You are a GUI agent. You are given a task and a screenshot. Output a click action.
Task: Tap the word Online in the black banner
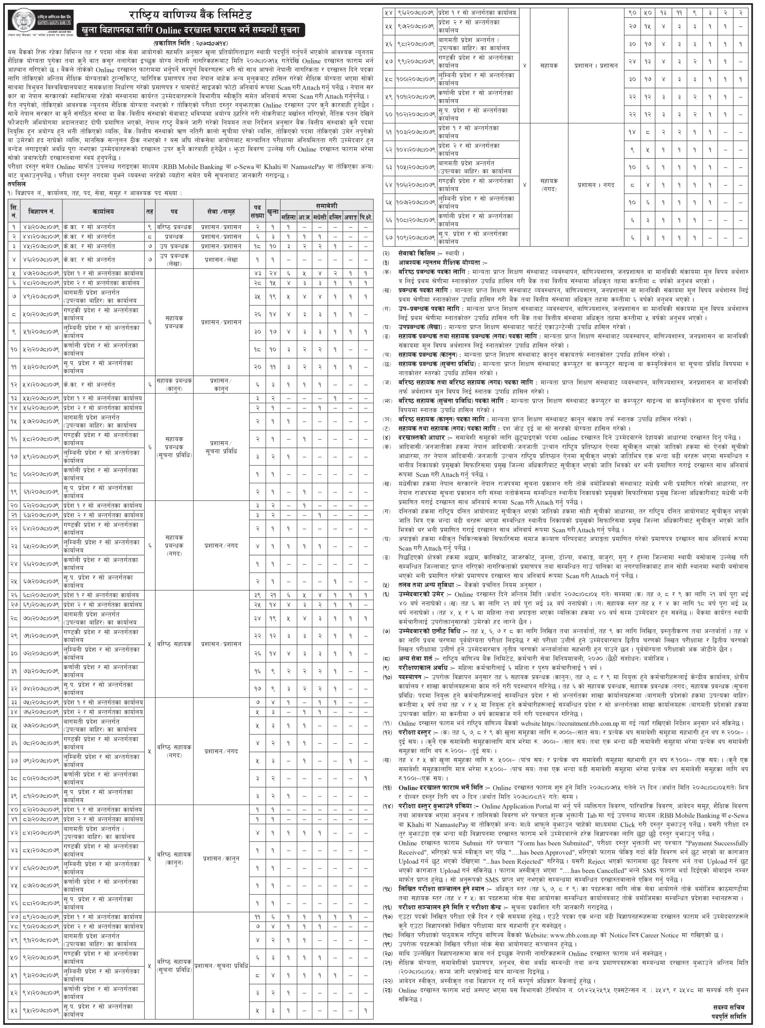pos(172,31)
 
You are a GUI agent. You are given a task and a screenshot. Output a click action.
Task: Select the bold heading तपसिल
pos(16,184)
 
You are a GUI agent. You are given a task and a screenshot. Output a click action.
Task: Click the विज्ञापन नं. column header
pos(41,211)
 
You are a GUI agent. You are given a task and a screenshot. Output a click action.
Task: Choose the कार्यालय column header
pos(103,211)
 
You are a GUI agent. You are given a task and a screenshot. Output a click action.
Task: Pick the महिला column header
pos(288,216)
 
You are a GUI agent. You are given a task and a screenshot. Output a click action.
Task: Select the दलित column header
pos(335,216)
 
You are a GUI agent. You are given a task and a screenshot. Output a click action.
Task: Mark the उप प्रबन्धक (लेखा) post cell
pos(174,260)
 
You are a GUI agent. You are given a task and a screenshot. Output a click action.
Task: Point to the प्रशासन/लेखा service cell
pos(221,260)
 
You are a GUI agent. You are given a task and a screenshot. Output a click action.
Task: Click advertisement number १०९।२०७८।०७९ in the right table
pos(415,237)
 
